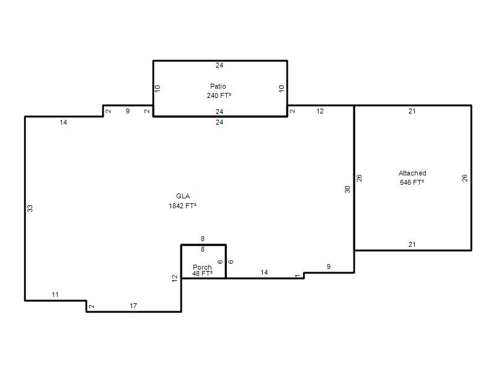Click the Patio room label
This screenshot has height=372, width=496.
point(218,86)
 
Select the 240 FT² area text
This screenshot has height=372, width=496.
point(219,95)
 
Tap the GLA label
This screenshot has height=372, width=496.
point(183,196)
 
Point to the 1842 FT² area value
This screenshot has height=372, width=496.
point(182,206)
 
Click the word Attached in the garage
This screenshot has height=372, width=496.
point(412,173)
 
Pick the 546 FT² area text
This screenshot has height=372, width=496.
point(412,182)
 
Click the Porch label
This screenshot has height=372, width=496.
point(202,267)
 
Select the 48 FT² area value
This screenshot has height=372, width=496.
point(203,273)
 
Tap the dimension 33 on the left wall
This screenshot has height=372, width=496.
point(30,208)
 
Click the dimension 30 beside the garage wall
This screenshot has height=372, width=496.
point(348,189)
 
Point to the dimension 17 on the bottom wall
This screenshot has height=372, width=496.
point(133,306)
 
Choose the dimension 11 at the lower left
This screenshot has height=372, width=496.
point(55,295)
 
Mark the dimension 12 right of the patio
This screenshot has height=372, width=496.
point(320,111)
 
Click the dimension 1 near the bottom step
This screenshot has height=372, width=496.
point(297,276)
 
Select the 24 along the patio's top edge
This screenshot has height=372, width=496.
point(219,65)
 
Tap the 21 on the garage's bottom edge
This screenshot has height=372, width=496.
point(412,244)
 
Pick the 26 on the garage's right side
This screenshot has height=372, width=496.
point(464,178)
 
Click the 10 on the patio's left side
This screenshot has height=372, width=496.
point(157,88)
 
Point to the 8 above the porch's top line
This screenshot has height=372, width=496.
point(203,239)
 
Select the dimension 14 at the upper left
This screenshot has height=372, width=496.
point(63,122)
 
